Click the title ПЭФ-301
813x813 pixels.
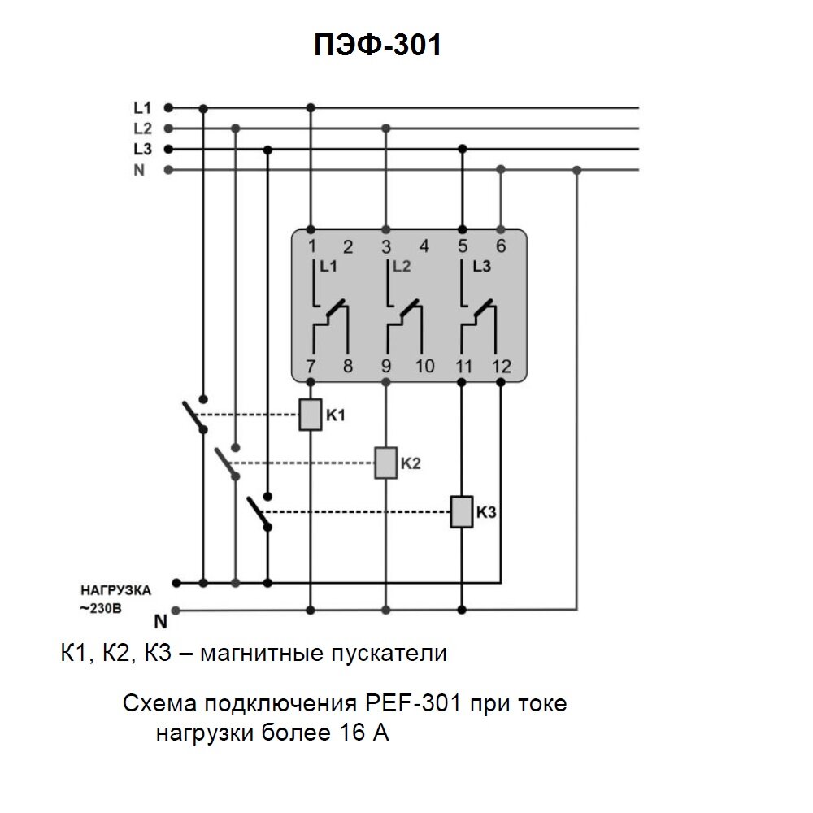coord(377,46)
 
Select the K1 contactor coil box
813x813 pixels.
coord(311,415)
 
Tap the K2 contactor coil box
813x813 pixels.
coord(385,463)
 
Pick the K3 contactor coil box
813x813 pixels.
coord(462,511)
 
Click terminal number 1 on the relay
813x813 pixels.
coord(311,246)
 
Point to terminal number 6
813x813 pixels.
coord(501,246)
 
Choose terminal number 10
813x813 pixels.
coord(424,367)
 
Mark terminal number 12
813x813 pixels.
coord(502,367)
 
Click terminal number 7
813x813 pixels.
coord(311,367)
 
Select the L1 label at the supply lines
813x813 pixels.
coord(142,107)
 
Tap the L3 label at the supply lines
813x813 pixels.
coord(142,149)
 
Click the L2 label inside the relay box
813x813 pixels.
coord(402,266)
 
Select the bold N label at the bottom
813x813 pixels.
coord(160,624)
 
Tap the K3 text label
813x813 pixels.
coord(486,512)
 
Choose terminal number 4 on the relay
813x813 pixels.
coord(424,246)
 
